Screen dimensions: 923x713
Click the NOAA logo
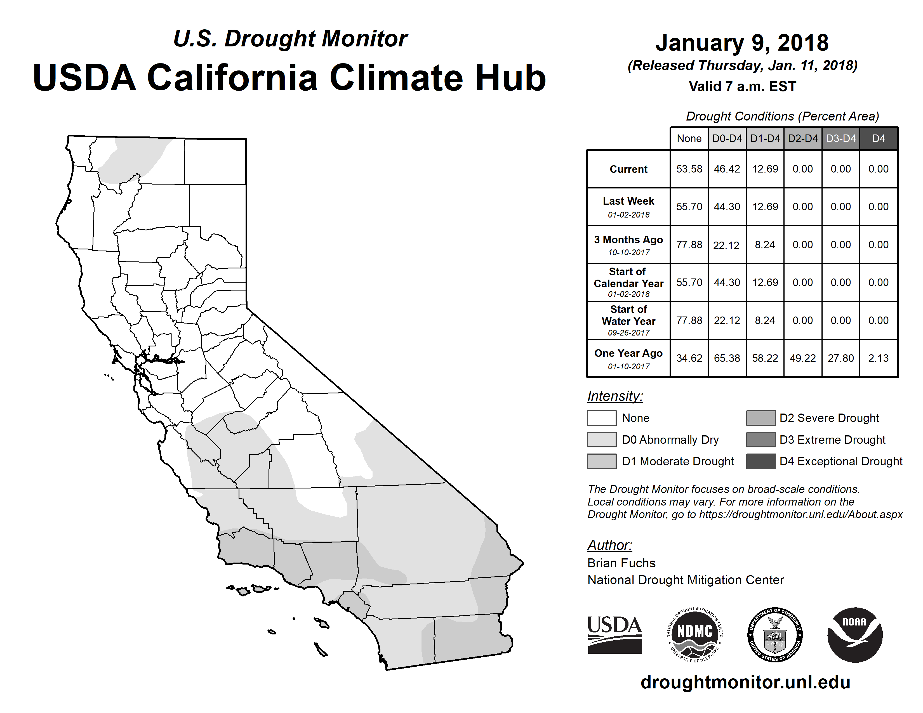(x=854, y=634)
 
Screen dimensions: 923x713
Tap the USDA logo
(x=614, y=634)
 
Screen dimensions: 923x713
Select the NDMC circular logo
(x=695, y=634)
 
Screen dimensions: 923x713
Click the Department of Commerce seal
(x=775, y=634)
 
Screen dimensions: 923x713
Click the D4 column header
(x=879, y=138)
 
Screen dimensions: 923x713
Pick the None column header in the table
(x=689, y=138)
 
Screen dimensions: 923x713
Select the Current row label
(x=628, y=169)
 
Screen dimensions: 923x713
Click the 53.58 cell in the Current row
(x=689, y=169)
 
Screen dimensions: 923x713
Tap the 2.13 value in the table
(x=879, y=358)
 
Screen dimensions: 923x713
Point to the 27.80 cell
(x=840, y=358)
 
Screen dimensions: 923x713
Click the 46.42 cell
(x=727, y=169)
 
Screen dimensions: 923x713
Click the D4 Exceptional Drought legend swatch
(x=761, y=461)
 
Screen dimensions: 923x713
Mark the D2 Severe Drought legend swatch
(x=761, y=418)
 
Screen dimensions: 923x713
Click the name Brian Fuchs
(x=621, y=563)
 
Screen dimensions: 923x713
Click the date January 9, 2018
(x=742, y=43)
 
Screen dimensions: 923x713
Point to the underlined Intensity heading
(x=615, y=396)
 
